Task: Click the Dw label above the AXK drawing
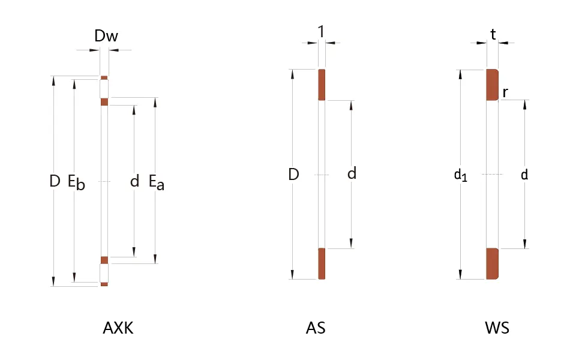[106, 35]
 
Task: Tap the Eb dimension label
[76, 182]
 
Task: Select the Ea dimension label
[157, 182]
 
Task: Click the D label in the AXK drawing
[55, 181]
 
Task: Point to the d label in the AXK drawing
[134, 181]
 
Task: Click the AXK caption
[118, 328]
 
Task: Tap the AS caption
[316, 328]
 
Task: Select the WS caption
[497, 328]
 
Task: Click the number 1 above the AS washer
[321, 32]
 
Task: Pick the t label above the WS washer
[493, 35]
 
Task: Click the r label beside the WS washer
[505, 92]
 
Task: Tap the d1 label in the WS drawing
[461, 175]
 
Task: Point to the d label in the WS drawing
[524, 175]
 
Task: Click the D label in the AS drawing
[294, 175]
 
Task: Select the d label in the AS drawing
[352, 173]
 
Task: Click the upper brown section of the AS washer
[322, 85]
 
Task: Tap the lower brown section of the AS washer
[322, 263]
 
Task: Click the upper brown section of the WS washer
[492, 85]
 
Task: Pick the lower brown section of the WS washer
[492, 263]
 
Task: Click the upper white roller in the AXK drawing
[104, 89]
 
